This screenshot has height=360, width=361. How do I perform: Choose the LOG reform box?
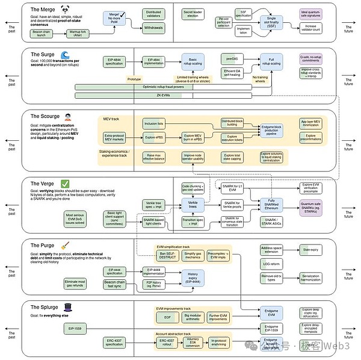[x=271, y=263]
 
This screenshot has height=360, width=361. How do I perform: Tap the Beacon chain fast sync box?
[x=115, y=284]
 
